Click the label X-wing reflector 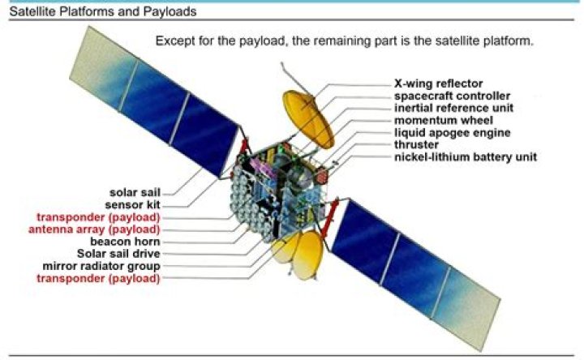point(438,84)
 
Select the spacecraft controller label point(452,96)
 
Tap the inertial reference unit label point(453,108)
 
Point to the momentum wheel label point(439,120)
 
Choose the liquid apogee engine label point(452,132)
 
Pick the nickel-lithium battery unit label point(465,156)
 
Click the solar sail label point(135,193)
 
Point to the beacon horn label point(125,242)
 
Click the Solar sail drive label point(118,254)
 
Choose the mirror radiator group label point(101,266)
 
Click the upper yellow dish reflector point(307,122)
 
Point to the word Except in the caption point(175,41)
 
